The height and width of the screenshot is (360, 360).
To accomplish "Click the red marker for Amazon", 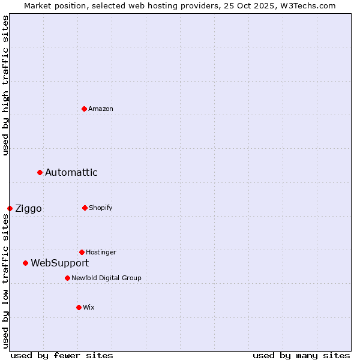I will (x=84, y=109).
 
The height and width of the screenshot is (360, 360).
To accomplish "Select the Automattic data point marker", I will (x=40, y=173).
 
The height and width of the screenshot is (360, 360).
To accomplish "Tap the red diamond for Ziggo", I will (x=10, y=208).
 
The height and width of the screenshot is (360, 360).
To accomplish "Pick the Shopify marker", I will (x=85, y=208).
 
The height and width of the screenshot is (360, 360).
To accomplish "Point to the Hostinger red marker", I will (x=82, y=252).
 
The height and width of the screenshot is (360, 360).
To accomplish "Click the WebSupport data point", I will (x=25, y=263).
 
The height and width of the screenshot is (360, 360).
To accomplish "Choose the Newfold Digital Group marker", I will (x=67, y=278).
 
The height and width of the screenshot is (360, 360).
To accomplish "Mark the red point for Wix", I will (x=79, y=307).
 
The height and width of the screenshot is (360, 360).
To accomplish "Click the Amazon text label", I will (x=101, y=109).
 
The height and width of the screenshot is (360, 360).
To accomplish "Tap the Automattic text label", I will (x=71, y=173).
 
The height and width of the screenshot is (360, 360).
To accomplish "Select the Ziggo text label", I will (x=28, y=209).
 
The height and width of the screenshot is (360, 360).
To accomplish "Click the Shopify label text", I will (x=101, y=208).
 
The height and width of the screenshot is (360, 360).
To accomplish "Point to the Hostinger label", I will (x=101, y=252).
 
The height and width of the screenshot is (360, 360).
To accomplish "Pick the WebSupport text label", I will (x=60, y=263).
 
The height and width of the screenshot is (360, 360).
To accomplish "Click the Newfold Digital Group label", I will (x=106, y=278).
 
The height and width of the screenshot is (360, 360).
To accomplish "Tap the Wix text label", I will (x=89, y=307).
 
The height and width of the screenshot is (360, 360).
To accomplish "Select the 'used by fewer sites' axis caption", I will (x=62, y=355).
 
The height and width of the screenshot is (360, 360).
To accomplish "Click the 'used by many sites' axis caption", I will (x=301, y=355).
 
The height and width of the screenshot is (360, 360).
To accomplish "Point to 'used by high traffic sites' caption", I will (x=5, y=86).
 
